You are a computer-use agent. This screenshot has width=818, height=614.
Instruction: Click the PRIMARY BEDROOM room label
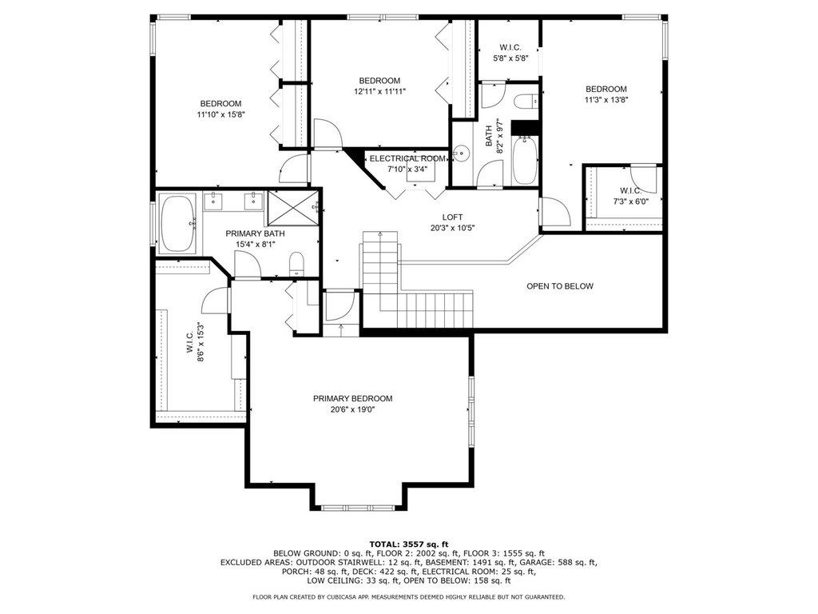click(x=352, y=398)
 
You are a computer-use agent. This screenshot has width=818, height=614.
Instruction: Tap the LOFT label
click(x=452, y=217)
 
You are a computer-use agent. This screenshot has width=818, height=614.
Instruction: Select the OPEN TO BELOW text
click(x=560, y=286)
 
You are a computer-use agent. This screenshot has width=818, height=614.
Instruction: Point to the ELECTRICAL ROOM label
click(x=407, y=158)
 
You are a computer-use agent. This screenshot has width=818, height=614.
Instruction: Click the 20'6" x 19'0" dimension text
click(x=352, y=409)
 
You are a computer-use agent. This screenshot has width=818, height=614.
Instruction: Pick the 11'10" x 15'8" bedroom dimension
click(x=220, y=114)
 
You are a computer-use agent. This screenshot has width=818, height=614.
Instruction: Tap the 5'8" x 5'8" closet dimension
click(x=510, y=58)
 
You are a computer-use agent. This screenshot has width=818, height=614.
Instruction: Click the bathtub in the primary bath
click(x=177, y=224)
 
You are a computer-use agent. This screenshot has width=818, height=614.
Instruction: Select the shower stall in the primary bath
click(x=293, y=207)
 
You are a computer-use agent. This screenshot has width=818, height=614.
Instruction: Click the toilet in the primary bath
click(x=296, y=264)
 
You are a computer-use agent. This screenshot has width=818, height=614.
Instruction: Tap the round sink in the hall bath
click(x=461, y=153)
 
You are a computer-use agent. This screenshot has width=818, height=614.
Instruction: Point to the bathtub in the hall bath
click(x=524, y=160)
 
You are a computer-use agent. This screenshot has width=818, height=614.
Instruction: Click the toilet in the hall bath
click(x=526, y=101)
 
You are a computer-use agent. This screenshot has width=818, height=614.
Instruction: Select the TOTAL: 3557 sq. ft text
click(x=408, y=544)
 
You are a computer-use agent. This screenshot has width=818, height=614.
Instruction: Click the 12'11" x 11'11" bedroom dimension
click(x=379, y=91)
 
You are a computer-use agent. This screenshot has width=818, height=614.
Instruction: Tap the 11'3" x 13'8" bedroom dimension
click(x=606, y=100)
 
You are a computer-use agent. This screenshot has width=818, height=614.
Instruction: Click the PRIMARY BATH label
click(x=255, y=233)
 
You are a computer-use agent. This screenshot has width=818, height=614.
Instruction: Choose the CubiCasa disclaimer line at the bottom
click(x=408, y=596)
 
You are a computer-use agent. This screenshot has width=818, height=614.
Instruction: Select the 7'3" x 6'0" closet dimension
click(x=630, y=201)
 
